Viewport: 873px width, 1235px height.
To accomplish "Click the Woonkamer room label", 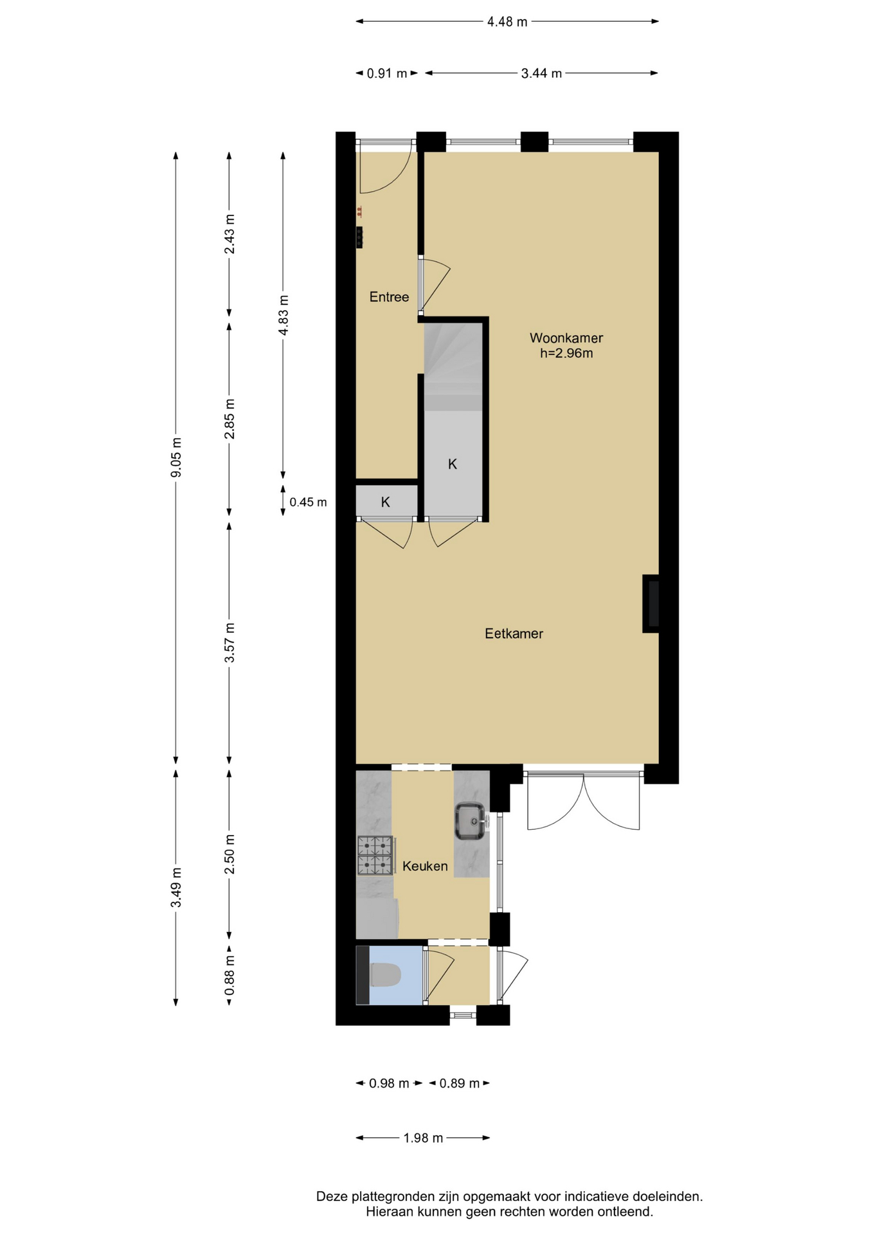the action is (566, 338).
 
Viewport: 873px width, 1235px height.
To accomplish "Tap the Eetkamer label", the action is (514, 634).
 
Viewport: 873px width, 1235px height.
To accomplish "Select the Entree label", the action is (389, 297).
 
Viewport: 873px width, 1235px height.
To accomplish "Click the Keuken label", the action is (425, 866).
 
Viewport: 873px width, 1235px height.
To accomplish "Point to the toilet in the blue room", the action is (385, 975).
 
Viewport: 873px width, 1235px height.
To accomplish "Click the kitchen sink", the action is (471, 821).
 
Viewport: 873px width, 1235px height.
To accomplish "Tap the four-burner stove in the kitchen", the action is (375, 855).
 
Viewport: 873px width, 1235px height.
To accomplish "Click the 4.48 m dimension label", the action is (507, 22).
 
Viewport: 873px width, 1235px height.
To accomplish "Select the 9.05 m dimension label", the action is (176, 457).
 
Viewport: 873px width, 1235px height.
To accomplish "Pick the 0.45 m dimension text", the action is (308, 502).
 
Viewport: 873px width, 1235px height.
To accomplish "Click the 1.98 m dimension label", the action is (423, 1138).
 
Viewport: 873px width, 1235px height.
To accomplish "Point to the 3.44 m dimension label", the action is (541, 73).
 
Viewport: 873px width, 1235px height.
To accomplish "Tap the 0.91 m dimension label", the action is (387, 73).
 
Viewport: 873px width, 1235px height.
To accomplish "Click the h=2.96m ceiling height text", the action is (566, 353).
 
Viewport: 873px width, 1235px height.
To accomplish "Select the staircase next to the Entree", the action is (453, 367).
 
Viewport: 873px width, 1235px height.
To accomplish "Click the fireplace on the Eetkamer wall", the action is (651, 603).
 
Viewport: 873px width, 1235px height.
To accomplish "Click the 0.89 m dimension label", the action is (460, 1084).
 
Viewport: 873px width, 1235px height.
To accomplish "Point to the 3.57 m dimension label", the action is (230, 643).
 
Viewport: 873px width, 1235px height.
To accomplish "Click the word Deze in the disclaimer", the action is (332, 1197).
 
